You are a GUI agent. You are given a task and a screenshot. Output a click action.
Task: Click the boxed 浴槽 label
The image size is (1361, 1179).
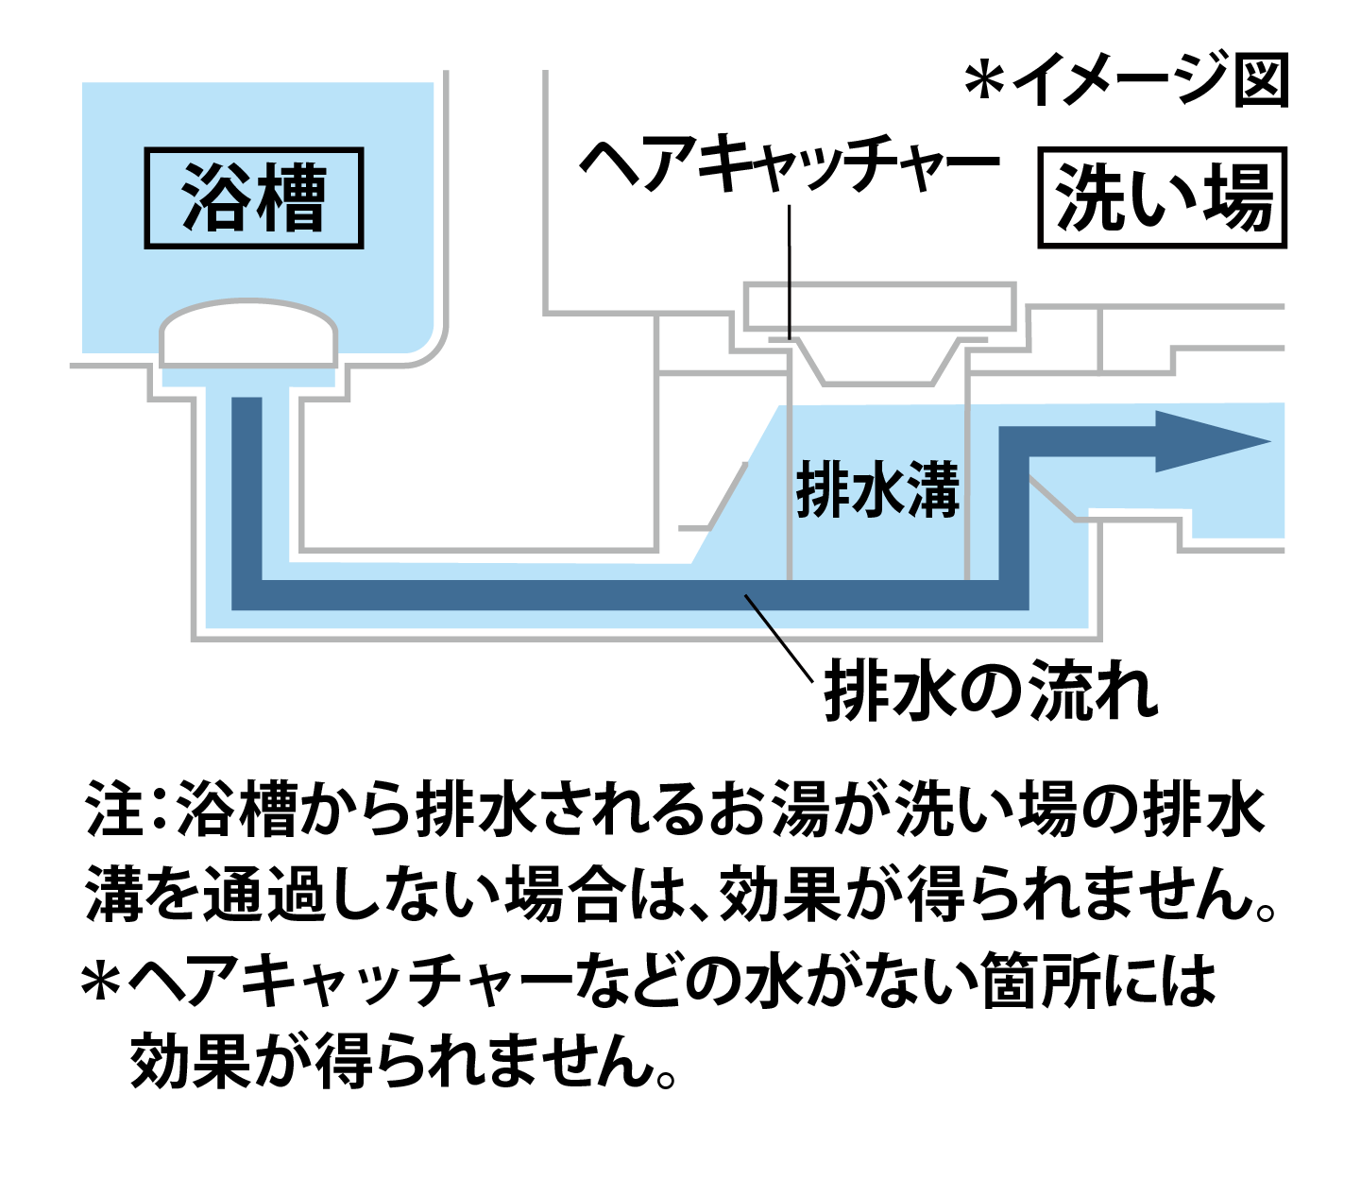[x=253, y=198]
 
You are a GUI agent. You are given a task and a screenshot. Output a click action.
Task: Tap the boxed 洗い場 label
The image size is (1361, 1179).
[x=1163, y=198]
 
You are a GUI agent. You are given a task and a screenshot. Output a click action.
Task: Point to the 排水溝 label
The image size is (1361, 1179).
[x=877, y=489]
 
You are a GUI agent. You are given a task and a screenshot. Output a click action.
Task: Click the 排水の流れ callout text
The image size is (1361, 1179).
[x=991, y=692]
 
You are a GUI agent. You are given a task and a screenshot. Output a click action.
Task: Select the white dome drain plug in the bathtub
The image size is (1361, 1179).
[x=248, y=333]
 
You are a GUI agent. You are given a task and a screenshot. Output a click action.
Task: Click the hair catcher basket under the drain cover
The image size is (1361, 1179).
[x=877, y=360]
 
